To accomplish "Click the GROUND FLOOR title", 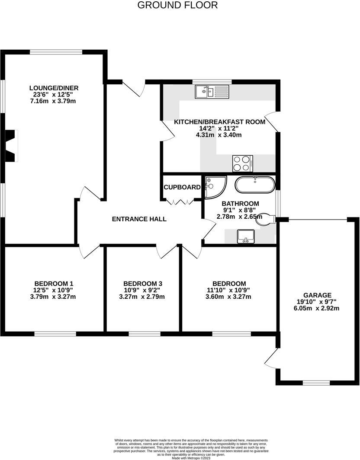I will (x=177, y=5).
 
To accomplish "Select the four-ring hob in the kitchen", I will (x=243, y=163).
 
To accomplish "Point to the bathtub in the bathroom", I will (x=254, y=185).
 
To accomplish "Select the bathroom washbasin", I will (x=246, y=236).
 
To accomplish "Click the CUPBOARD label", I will (x=182, y=187).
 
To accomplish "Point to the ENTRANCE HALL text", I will (x=139, y=219).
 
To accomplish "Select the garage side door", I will (x=271, y=358).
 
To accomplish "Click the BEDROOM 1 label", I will (x=54, y=284).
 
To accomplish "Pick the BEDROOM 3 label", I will (x=142, y=284).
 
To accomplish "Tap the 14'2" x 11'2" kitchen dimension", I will (x=219, y=128).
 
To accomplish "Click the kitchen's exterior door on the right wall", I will (x=273, y=121).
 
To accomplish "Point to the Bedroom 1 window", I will (x=55, y=333).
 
